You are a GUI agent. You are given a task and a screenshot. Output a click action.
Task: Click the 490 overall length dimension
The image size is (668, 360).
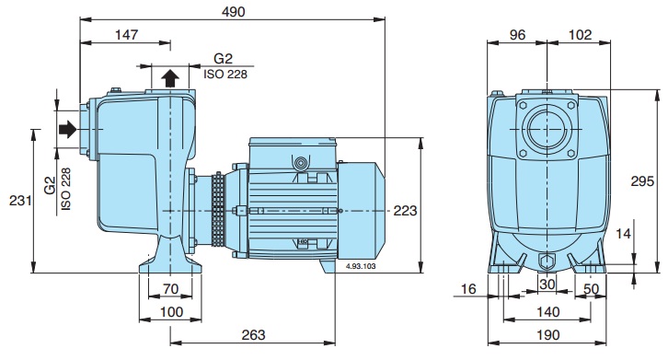[233, 12]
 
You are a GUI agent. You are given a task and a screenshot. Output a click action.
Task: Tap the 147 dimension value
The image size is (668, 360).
[127, 34]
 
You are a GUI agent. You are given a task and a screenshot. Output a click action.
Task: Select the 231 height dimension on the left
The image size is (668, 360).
[20, 200]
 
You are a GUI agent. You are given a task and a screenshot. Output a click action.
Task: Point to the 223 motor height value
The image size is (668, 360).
[405, 210]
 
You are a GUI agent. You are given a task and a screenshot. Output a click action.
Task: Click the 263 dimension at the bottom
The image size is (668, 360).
[253, 335]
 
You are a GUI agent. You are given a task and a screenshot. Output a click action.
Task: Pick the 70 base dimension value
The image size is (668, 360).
[170, 289]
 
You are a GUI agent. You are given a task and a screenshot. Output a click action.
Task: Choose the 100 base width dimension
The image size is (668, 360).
[171, 312]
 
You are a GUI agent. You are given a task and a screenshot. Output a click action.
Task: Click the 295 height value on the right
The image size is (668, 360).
[642, 181]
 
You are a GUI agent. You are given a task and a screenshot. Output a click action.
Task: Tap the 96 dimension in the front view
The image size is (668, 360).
[517, 35]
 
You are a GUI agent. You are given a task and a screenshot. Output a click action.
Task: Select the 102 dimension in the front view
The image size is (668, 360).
[581, 35]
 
